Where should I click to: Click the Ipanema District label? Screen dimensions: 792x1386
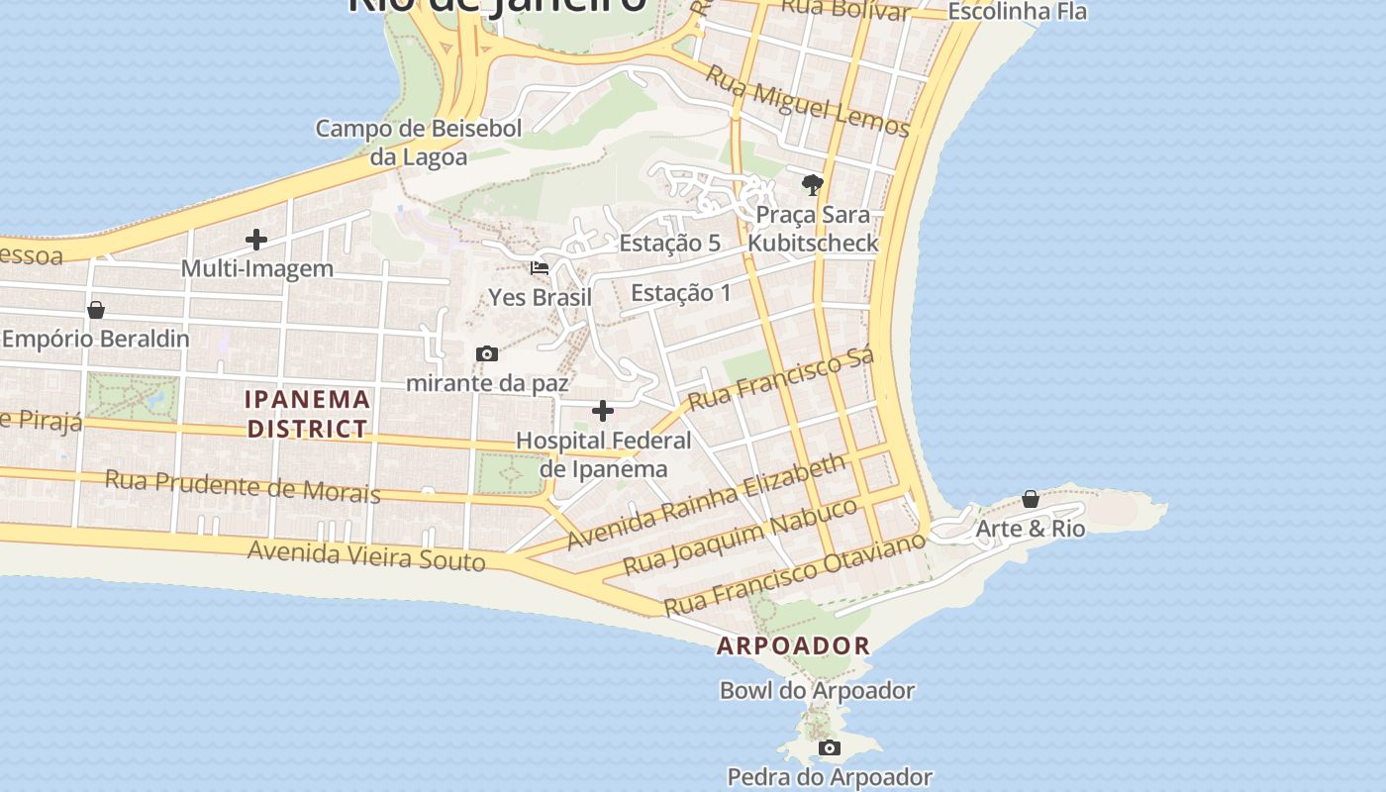[308, 414]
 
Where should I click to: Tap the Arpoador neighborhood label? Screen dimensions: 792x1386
[793, 645]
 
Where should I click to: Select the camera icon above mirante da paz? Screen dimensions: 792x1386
[486, 353]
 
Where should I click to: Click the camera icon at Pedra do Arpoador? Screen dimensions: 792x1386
[830, 747]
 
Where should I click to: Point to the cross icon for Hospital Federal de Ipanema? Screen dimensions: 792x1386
[603, 411]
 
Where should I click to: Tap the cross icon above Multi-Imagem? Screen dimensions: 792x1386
[256, 239]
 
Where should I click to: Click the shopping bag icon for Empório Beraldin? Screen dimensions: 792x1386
[96, 310]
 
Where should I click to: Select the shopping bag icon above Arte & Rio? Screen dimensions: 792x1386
[1031, 498]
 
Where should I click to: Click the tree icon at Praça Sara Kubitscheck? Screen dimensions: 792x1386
[812, 184]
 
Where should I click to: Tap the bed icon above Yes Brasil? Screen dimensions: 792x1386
[540, 267]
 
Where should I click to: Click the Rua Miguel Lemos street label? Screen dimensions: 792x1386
[808, 101]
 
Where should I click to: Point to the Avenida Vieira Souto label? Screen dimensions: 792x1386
[366, 555]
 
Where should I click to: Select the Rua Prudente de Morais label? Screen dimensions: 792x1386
[243, 486]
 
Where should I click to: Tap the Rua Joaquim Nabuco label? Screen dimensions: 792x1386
[740, 536]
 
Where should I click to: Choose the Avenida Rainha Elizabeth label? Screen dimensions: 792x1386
[707, 501]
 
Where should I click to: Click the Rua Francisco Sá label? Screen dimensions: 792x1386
[781, 379]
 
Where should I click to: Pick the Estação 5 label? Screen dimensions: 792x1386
[669, 243]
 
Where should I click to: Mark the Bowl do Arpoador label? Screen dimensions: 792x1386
[817, 690]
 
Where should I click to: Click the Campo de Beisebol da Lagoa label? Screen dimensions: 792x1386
[418, 143]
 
